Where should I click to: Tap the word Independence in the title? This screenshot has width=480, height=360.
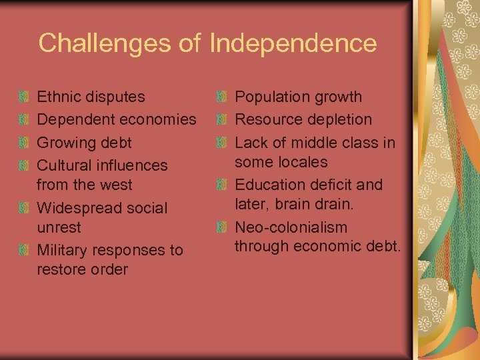pyautogui.click(x=293, y=43)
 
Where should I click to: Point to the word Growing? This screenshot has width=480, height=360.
pyautogui.click(x=64, y=143)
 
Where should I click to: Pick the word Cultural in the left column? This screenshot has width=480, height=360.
pyautogui.click(x=64, y=165)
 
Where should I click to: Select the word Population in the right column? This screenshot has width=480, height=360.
pyautogui.click(x=268, y=97)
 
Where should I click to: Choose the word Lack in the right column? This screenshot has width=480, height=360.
pyautogui.click(x=251, y=143)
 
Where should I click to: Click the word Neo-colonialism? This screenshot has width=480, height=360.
pyautogui.click(x=291, y=227)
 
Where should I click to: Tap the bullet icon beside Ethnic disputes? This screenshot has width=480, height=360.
pyautogui.click(x=24, y=97)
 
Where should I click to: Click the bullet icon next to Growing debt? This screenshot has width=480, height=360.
pyautogui.click(x=24, y=143)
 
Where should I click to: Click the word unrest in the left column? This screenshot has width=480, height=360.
pyautogui.click(x=59, y=227)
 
